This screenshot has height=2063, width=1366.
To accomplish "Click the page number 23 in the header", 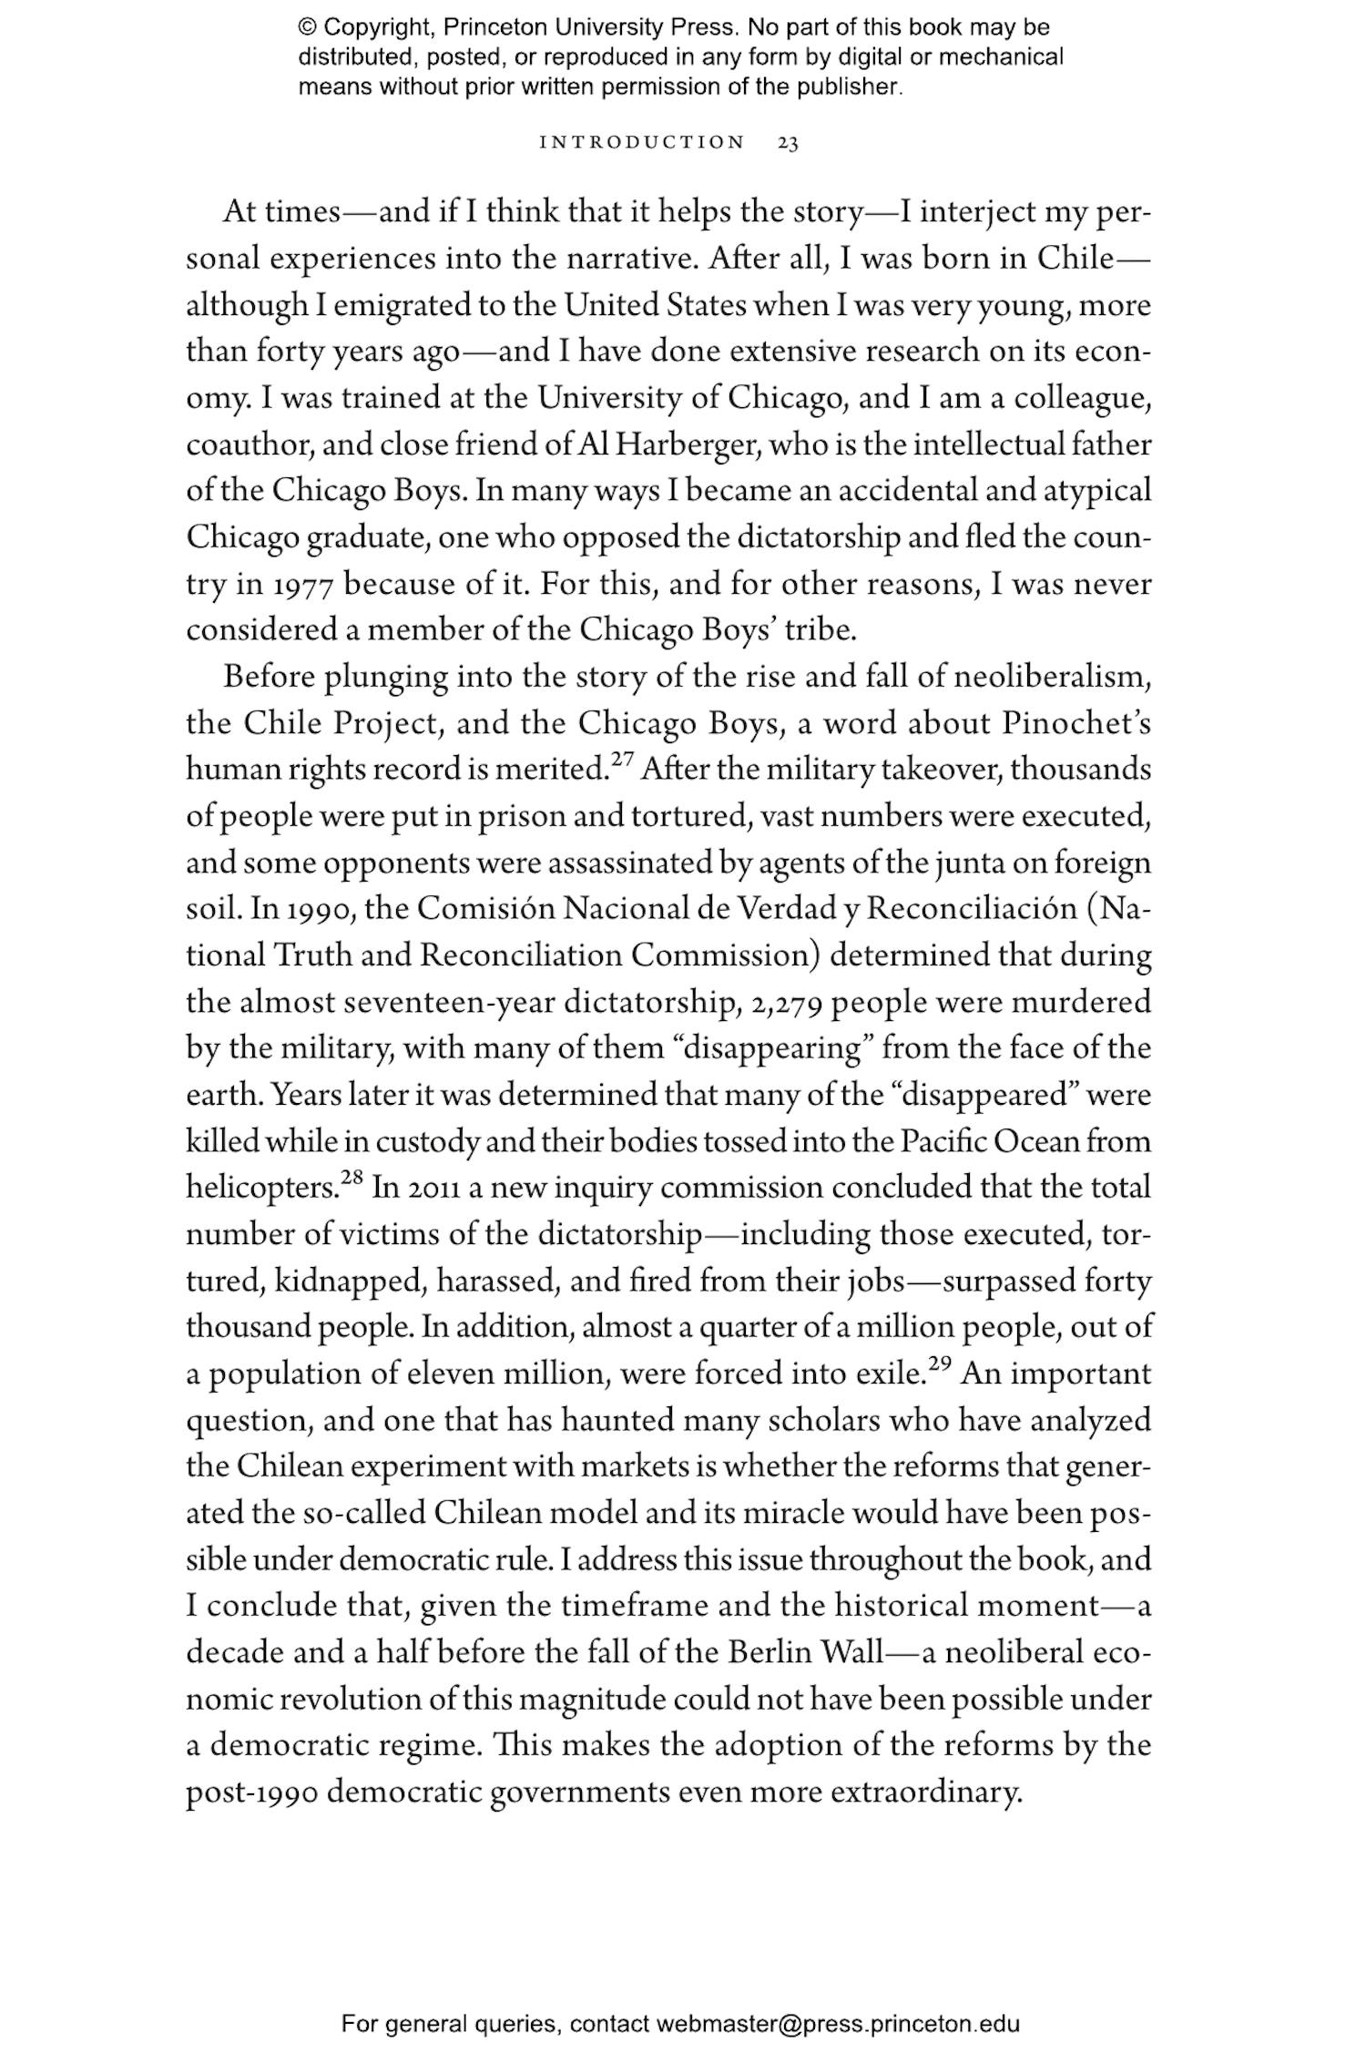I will (788, 143).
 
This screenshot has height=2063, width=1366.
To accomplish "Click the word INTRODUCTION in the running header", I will (642, 143).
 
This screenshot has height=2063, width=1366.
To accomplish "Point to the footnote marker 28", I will (352, 1180).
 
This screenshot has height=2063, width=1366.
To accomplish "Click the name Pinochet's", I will (1076, 724).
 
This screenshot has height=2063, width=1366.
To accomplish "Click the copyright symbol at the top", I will (307, 27).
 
